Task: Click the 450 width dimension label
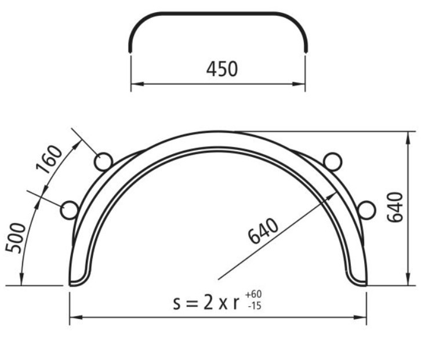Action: (222, 69)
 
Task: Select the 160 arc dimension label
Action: (49, 159)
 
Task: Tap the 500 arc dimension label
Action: (16, 238)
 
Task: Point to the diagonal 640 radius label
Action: (263, 231)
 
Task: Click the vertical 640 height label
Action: (395, 208)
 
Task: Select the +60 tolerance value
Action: (253, 294)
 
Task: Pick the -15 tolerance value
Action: (255, 306)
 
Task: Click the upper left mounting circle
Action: (103, 162)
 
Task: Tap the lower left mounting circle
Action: (69, 210)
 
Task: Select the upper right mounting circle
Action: (333, 162)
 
